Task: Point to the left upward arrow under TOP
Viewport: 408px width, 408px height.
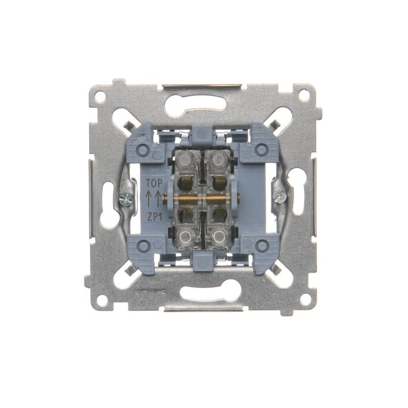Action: pyautogui.click(x=149, y=199)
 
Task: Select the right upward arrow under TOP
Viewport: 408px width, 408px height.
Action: pyautogui.click(x=159, y=199)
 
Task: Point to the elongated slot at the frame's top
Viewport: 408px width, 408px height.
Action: pyautogui.click(x=204, y=105)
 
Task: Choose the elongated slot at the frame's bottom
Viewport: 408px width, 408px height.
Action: pyautogui.click(x=204, y=292)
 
